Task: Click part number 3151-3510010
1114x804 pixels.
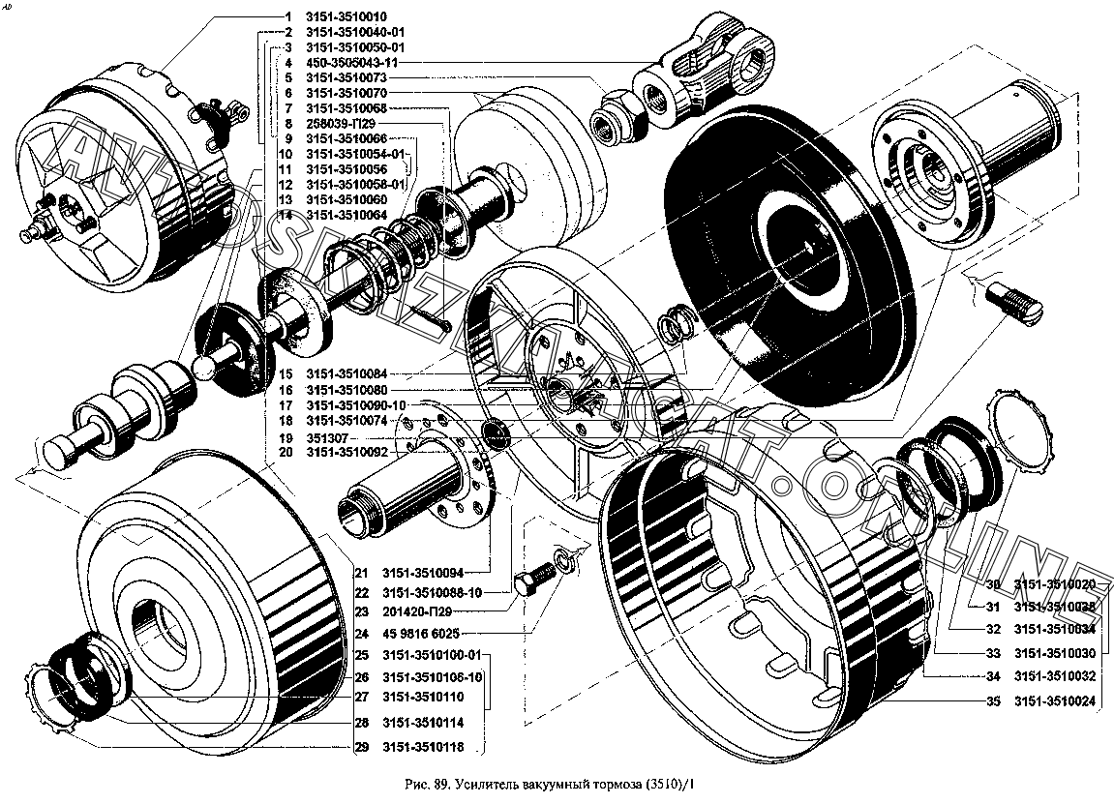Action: coord(346,16)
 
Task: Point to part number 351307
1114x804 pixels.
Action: coord(326,436)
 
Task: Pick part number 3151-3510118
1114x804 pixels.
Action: coord(423,747)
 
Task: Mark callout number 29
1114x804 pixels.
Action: coord(360,747)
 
